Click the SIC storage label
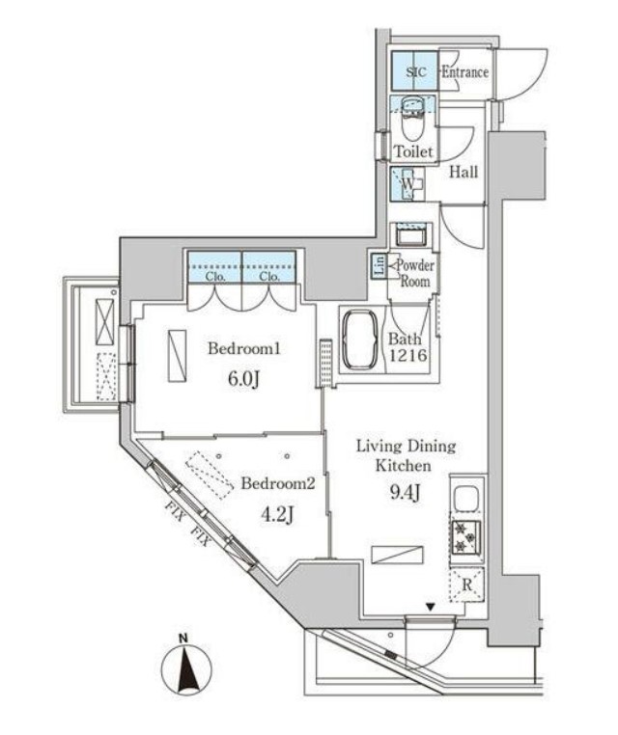point(415,72)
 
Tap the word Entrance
point(464,72)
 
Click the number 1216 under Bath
point(405,356)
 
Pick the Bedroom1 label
point(237,348)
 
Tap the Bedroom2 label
point(277,483)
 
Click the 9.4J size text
point(404,496)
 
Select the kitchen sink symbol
point(463,500)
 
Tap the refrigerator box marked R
point(464,583)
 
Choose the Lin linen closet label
point(379,266)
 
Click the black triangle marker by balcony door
point(430,607)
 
